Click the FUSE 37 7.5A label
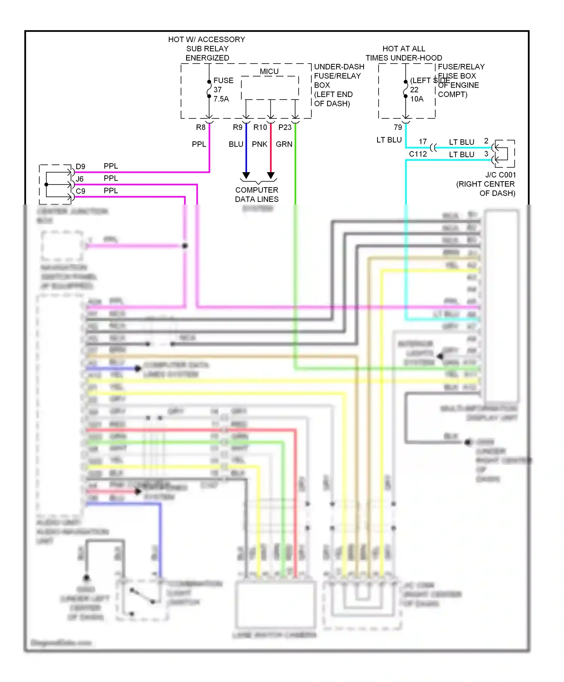pos(223,90)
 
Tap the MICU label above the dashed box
pos(269,71)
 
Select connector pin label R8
pos(201,127)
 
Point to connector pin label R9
pos(238,127)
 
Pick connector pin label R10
pos(260,127)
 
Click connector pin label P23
pos(285,127)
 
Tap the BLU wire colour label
pos(236,144)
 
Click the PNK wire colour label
pos(259,144)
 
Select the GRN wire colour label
pos(284,144)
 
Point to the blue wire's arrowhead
pos(246,176)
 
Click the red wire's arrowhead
pos(271,176)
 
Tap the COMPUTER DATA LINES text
pos(257,195)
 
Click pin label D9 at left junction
pos(80,167)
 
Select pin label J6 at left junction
pos(80,179)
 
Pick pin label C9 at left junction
pos(80,191)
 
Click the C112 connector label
pos(418,154)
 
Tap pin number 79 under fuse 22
pos(398,127)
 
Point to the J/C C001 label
pos(500,175)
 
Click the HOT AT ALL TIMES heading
pos(404,53)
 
